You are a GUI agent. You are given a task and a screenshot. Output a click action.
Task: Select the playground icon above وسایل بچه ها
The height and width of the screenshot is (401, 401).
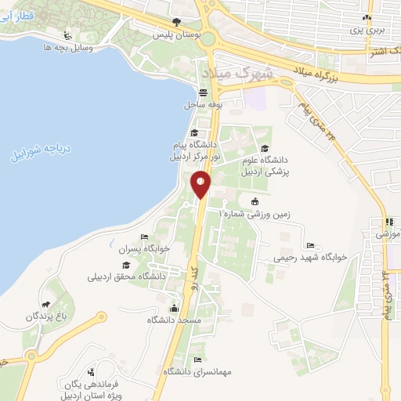coord(68,35)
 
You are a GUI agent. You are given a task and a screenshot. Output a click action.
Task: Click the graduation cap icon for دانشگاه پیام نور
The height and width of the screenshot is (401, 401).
coord(194,132)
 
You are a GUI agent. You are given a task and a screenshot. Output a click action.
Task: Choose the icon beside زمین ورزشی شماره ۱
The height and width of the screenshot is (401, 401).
coord(254,201)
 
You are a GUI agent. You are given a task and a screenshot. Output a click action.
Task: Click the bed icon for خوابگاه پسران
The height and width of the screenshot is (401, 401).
coord(143,237)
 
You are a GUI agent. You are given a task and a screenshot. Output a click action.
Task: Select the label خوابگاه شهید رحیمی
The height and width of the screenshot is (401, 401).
coord(311,257)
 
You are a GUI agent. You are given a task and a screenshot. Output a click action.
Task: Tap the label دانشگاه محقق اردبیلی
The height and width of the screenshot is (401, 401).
coord(129,276)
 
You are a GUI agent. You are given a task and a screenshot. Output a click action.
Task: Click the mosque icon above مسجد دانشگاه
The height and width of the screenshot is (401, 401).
coord(173,307)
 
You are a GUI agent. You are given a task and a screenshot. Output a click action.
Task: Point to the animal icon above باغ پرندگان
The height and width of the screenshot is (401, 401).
coord(47,304)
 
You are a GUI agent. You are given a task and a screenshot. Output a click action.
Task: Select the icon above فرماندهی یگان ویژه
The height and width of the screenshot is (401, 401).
coord(93,371)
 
